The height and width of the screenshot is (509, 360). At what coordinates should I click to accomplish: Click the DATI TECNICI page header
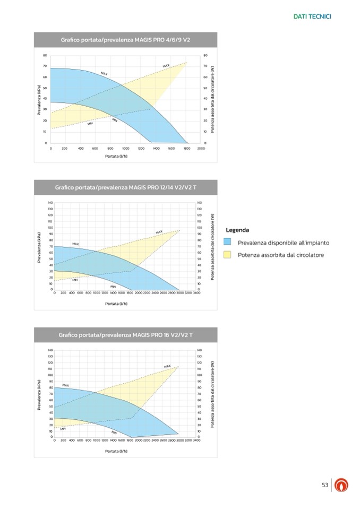point(312,17)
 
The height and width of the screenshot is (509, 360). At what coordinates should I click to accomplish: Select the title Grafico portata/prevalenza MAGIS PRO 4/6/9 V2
point(125,40)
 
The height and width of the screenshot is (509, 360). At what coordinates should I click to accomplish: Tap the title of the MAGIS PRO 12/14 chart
point(125,187)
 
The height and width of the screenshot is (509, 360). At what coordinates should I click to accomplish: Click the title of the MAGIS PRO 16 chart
point(125,335)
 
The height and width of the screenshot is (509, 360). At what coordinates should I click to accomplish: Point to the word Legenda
point(237,230)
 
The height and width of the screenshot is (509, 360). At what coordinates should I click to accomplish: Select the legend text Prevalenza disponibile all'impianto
point(284,243)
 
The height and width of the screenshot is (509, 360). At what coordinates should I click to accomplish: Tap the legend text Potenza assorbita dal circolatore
point(281,255)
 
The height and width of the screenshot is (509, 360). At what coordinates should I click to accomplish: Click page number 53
point(325,485)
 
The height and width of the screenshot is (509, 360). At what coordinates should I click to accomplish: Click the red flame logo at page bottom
point(342,485)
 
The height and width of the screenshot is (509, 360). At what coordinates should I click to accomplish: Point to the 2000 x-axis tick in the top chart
point(201,149)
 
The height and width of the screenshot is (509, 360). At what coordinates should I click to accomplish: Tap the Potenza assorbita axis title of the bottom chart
point(212,394)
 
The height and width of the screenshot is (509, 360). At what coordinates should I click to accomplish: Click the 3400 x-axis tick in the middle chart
point(196,292)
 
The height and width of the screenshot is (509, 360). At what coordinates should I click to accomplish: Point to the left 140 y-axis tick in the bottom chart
point(50,350)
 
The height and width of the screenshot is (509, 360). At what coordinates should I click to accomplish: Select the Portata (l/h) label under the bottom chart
point(116,451)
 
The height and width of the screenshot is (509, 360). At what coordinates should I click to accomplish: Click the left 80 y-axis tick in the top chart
point(45,55)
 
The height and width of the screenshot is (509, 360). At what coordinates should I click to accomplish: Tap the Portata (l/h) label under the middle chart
point(116,304)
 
